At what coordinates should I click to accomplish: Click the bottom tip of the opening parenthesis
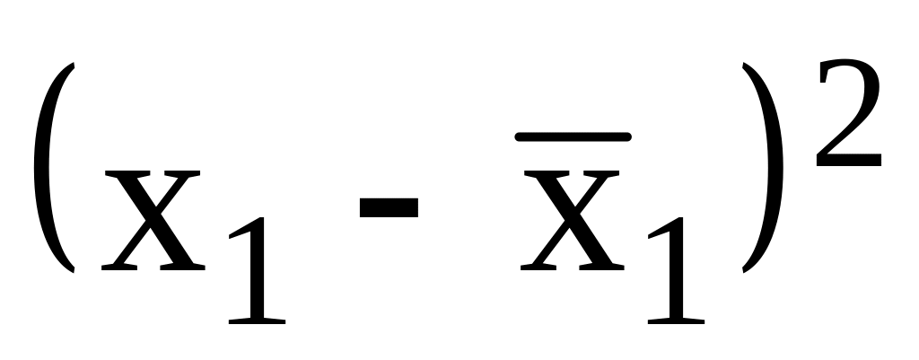click(x=68, y=270)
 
